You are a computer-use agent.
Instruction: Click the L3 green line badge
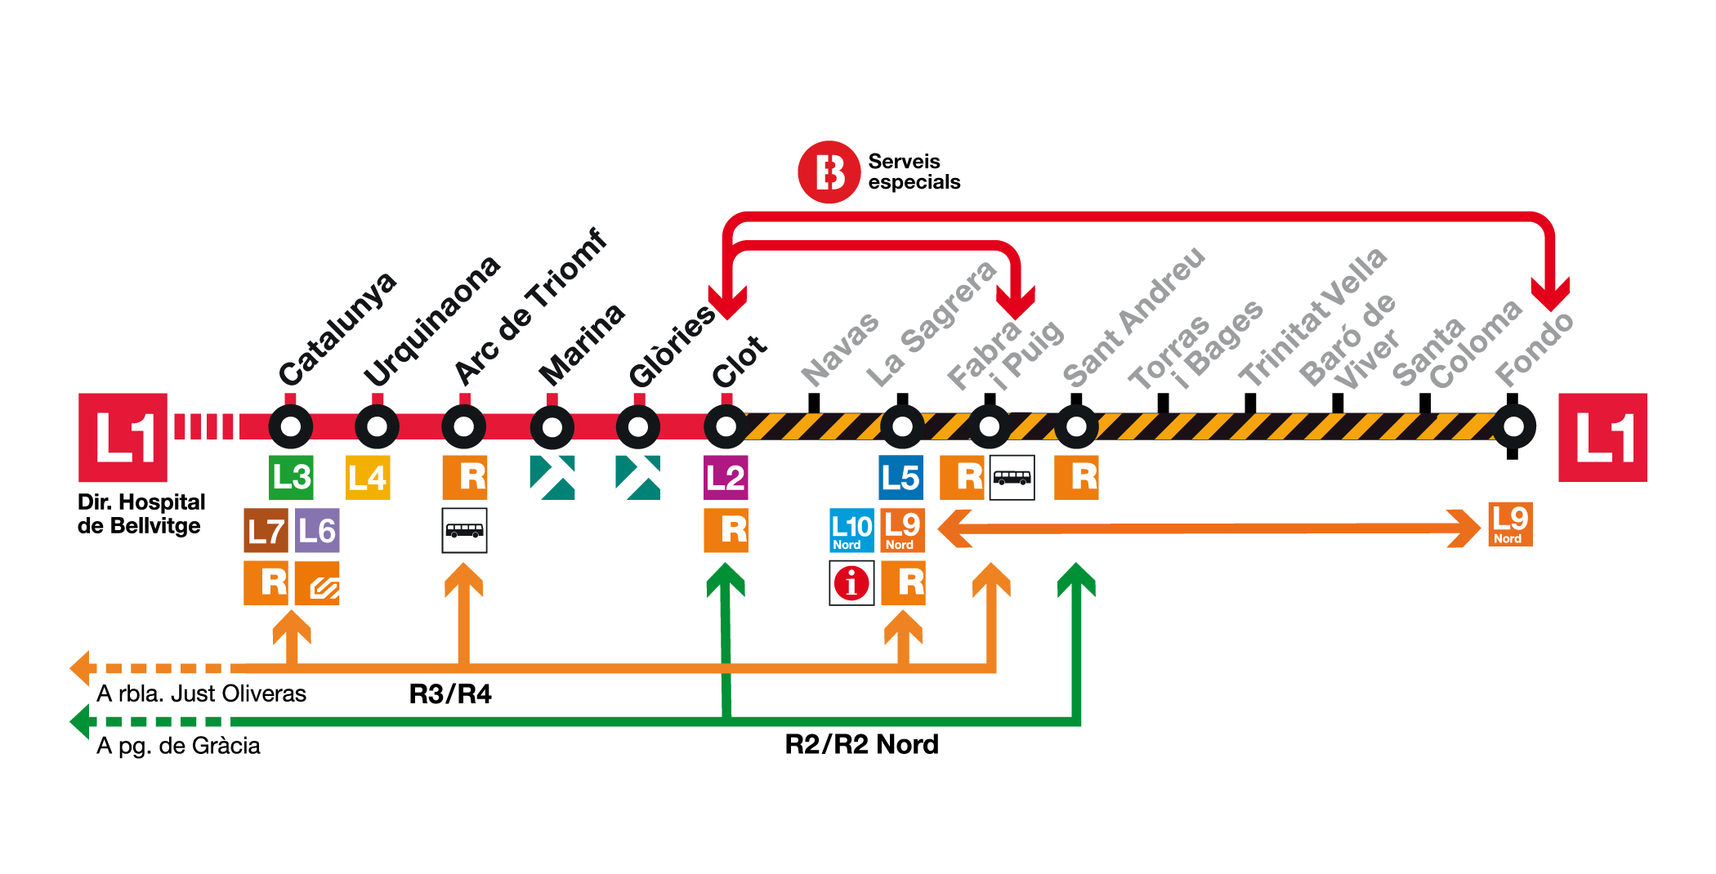click(x=291, y=477)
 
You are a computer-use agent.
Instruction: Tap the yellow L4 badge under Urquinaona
click(x=368, y=477)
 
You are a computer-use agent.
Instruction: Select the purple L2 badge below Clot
click(x=726, y=477)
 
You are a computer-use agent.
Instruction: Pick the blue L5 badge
click(x=901, y=477)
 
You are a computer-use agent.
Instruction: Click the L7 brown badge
click(x=266, y=530)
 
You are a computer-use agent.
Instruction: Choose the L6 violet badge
click(x=317, y=530)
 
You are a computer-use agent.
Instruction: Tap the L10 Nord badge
click(x=851, y=530)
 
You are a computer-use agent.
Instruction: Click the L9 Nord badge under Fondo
click(x=1510, y=524)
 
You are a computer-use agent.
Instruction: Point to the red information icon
click(x=851, y=583)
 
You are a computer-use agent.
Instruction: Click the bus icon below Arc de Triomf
click(x=464, y=530)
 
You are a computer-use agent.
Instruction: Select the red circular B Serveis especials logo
click(x=829, y=172)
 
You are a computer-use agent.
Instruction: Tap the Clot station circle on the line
click(x=726, y=426)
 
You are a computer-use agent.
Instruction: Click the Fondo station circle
click(x=1513, y=426)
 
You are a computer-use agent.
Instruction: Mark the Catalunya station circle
click(x=291, y=426)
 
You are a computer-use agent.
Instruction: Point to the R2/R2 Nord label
click(x=861, y=744)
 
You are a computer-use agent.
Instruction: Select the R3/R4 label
click(x=450, y=694)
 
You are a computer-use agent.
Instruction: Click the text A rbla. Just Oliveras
click(x=201, y=693)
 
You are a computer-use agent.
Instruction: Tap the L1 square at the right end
click(x=1602, y=438)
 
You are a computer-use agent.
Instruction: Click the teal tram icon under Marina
click(x=552, y=477)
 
